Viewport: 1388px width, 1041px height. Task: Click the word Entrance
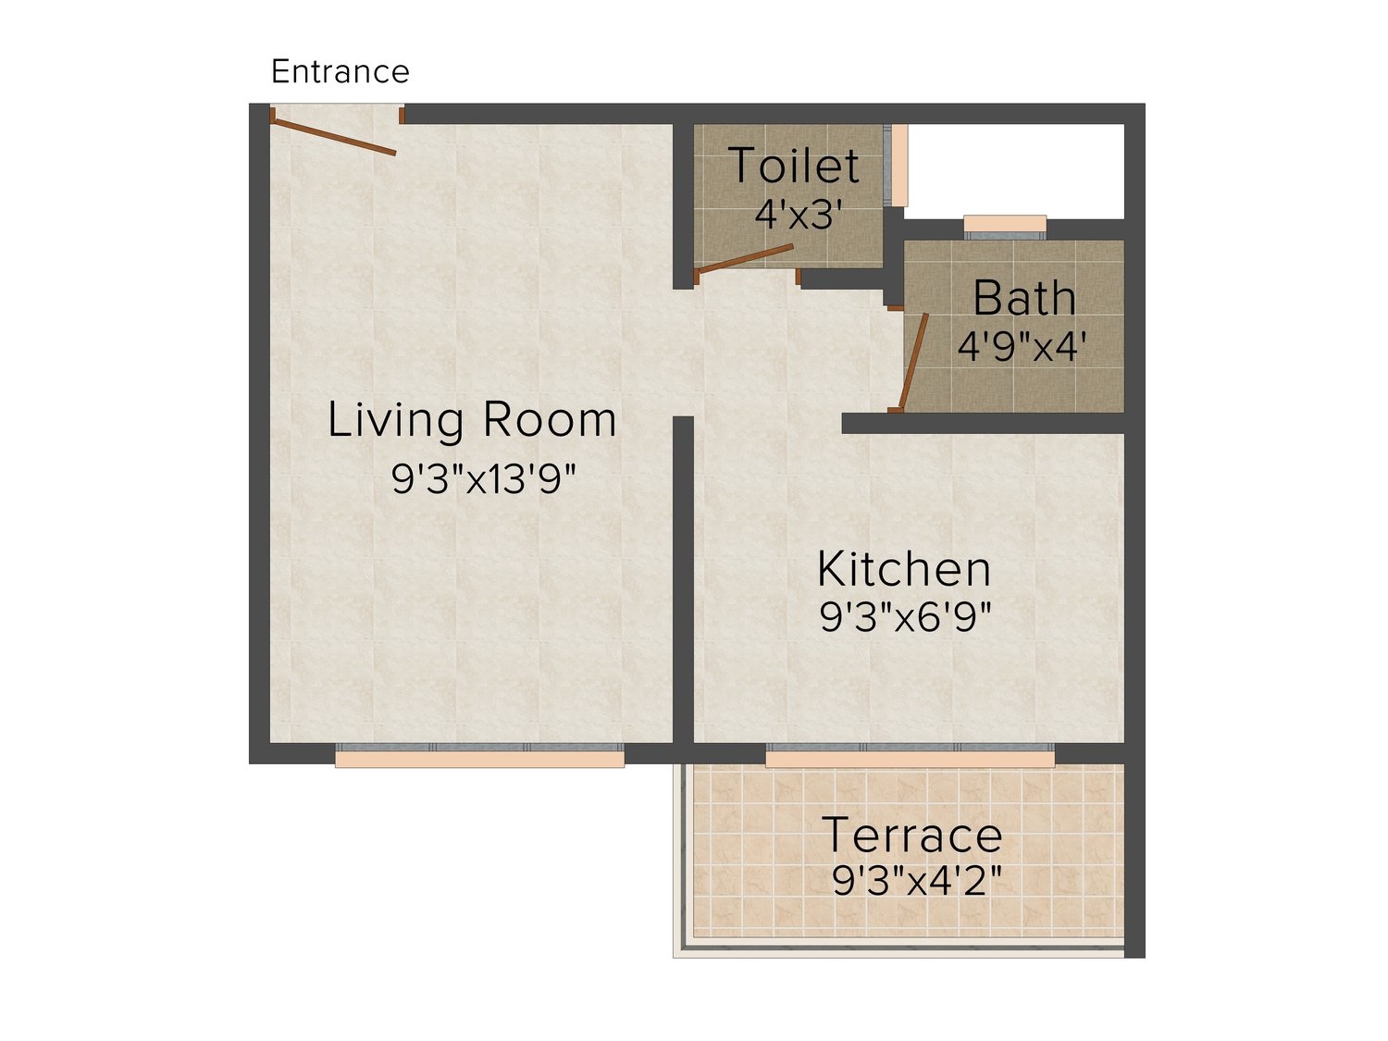point(340,71)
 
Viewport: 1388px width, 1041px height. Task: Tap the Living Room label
point(472,420)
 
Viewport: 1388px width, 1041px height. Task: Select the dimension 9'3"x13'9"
point(484,478)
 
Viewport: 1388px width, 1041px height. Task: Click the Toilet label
point(794,165)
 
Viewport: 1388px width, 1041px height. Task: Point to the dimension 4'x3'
point(799,215)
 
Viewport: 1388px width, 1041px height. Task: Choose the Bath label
point(1023,298)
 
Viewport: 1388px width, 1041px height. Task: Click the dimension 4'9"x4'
point(1022,346)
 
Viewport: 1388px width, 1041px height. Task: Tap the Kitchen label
point(904,569)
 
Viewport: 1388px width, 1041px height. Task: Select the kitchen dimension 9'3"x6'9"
point(905,617)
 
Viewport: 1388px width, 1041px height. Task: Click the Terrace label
point(911,835)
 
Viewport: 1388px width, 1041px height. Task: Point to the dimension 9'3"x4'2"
point(917,881)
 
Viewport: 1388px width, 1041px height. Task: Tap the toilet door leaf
point(745,258)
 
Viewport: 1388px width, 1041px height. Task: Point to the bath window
point(1005,228)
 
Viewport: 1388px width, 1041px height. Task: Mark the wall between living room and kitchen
point(683,580)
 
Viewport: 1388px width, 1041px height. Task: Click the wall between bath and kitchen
point(983,424)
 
